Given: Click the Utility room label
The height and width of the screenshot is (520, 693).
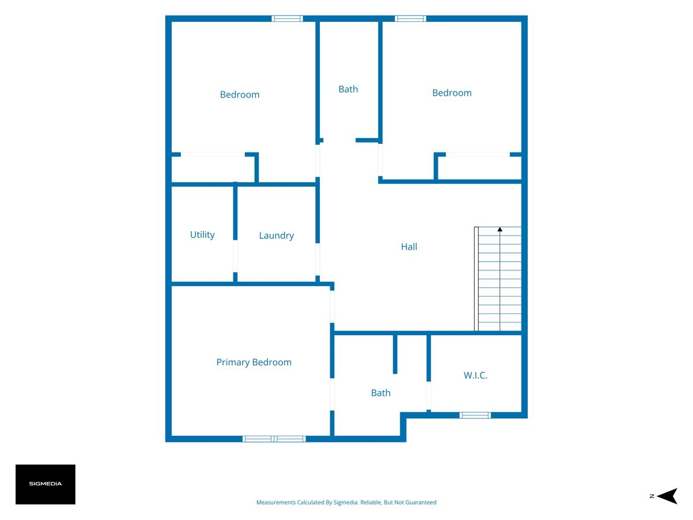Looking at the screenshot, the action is pos(202,235).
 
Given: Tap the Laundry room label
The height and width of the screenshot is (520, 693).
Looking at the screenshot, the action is pos(276,236).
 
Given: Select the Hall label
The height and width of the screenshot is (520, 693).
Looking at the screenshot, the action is pos(409,247).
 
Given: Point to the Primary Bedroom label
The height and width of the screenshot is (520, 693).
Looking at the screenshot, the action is pos(254,362).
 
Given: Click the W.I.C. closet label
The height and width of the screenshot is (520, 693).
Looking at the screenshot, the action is pos(475,376).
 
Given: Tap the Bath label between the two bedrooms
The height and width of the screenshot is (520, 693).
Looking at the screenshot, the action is pos(348,90).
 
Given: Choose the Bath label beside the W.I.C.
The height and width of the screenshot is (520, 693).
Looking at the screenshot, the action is pos(381,393).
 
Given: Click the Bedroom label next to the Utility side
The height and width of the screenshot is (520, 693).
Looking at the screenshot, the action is pos(240,95).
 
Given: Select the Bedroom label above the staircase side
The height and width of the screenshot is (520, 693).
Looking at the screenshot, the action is pos(452,93).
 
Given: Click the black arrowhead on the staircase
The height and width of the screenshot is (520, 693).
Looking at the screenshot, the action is pos(500,229).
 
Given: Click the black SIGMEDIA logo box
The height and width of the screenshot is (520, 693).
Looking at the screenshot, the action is pos(46,484).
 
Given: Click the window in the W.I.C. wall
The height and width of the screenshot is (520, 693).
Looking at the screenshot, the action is pos(475,415).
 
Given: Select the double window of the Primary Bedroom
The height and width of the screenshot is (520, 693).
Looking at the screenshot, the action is pos(274,439).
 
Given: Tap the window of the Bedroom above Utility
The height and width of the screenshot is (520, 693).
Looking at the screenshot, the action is pos(287,18).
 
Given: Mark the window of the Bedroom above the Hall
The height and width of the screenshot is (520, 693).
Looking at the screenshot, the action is pos(411,18).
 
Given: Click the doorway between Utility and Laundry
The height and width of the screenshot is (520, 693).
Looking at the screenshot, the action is pos(235,256).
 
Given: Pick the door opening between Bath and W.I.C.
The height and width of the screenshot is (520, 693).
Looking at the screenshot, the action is pos(429,396).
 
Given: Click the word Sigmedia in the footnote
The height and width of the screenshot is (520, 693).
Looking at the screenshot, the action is pos(346,502).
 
